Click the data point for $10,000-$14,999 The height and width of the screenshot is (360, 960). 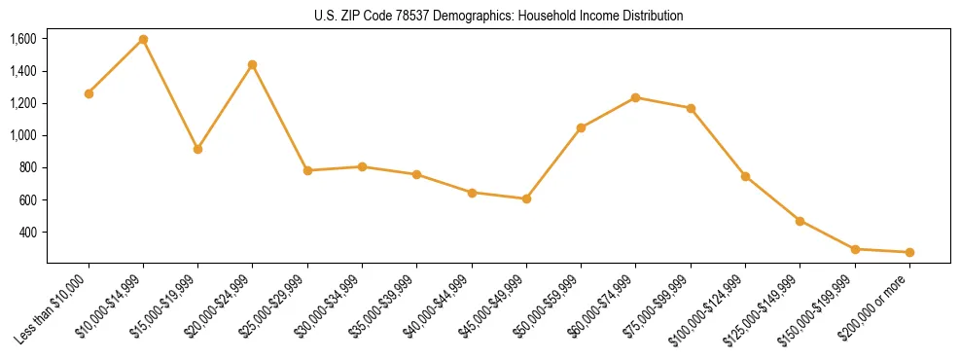click(x=143, y=39)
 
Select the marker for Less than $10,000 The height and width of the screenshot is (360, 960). click(x=89, y=93)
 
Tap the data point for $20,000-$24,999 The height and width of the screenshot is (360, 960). click(x=253, y=64)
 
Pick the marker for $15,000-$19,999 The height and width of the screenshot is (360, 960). click(x=197, y=149)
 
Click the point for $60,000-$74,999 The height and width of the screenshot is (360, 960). click(x=636, y=97)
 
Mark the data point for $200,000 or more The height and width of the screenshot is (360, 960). click(x=909, y=252)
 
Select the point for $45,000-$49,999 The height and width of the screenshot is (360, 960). click(x=526, y=198)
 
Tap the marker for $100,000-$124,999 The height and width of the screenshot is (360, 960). click(x=745, y=176)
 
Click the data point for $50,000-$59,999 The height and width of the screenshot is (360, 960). click(x=581, y=127)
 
